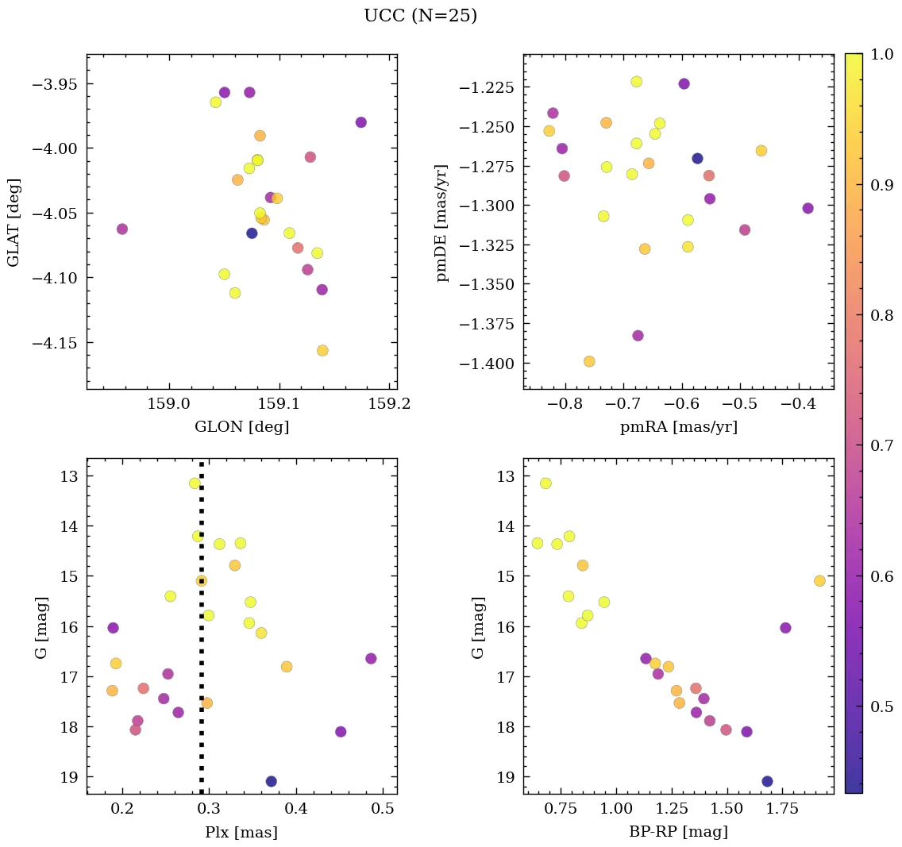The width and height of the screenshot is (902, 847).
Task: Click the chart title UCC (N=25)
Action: point(420,16)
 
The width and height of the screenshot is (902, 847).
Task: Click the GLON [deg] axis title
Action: point(241,427)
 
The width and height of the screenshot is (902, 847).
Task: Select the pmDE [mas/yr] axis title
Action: point(442,222)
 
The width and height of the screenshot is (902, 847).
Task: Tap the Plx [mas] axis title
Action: point(241,832)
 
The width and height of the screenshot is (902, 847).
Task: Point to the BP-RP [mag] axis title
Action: point(678,832)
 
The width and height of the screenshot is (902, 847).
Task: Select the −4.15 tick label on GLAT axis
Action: point(54,343)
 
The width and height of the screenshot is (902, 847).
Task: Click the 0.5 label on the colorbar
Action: point(878,706)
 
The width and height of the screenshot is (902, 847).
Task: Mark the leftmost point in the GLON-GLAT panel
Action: point(121,229)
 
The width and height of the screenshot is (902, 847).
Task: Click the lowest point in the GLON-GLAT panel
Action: point(322,351)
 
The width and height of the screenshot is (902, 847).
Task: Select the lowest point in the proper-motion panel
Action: point(589,361)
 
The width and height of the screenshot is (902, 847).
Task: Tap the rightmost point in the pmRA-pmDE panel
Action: point(808,208)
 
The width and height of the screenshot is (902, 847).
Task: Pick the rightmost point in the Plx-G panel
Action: point(371,658)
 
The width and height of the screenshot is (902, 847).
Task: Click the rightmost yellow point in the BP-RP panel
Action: point(819,581)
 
